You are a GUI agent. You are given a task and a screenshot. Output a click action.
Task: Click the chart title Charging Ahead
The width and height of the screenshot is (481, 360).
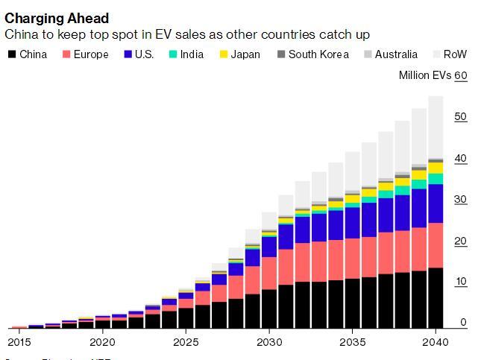point(57,18)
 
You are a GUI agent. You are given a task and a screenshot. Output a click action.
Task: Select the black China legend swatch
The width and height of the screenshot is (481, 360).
point(11,54)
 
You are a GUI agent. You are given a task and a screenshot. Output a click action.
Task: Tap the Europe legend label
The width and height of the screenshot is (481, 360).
point(90,54)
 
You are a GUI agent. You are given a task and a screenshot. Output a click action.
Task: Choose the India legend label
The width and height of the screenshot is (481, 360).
point(194,54)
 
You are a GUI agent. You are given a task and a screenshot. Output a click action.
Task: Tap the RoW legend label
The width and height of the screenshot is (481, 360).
point(455,54)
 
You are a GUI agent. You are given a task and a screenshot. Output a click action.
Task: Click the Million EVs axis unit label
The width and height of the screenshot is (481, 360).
point(424,76)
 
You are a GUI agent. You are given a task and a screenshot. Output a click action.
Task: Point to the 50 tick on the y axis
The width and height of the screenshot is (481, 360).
point(460,117)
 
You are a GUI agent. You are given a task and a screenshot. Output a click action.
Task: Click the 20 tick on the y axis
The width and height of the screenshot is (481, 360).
point(460,241)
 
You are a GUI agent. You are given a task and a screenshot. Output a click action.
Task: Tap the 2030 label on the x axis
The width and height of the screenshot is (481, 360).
point(269,341)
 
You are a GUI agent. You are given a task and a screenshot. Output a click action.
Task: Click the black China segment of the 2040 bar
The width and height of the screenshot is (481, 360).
point(436,298)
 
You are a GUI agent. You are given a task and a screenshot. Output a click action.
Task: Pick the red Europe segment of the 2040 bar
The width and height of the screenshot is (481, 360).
point(436,245)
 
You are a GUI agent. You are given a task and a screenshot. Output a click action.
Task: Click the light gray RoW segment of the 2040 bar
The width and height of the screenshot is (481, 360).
point(436,127)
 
